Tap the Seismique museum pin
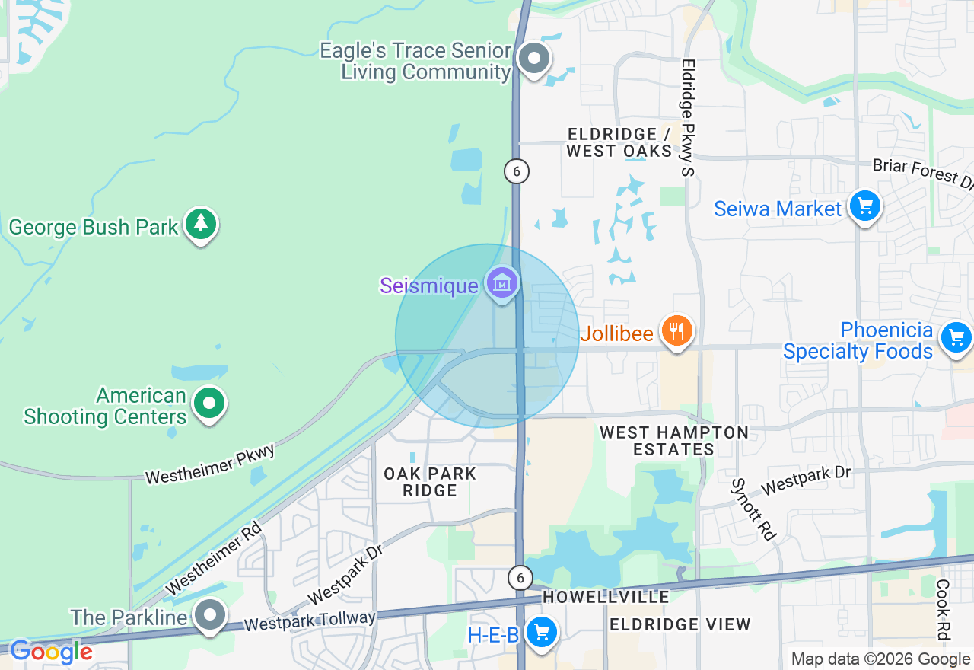pos(502,283)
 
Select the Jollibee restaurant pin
pos(676,331)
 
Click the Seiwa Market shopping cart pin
pos(864,206)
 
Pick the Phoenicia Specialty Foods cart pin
pos(956,338)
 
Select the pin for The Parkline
pos(209,614)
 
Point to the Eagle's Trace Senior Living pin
pos(533,59)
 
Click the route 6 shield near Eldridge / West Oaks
pos(517,171)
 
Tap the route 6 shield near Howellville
pos(520,578)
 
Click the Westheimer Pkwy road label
pos(209,464)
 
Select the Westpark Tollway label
pos(310,621)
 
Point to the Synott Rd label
pos(753,509)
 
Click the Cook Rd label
pos(943,609)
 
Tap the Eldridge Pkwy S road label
pos(689,118)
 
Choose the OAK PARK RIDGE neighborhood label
pos(430,482)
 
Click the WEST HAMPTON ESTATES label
pos(674,441)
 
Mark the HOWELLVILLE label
pos(606,598)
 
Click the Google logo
pos(51,652)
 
